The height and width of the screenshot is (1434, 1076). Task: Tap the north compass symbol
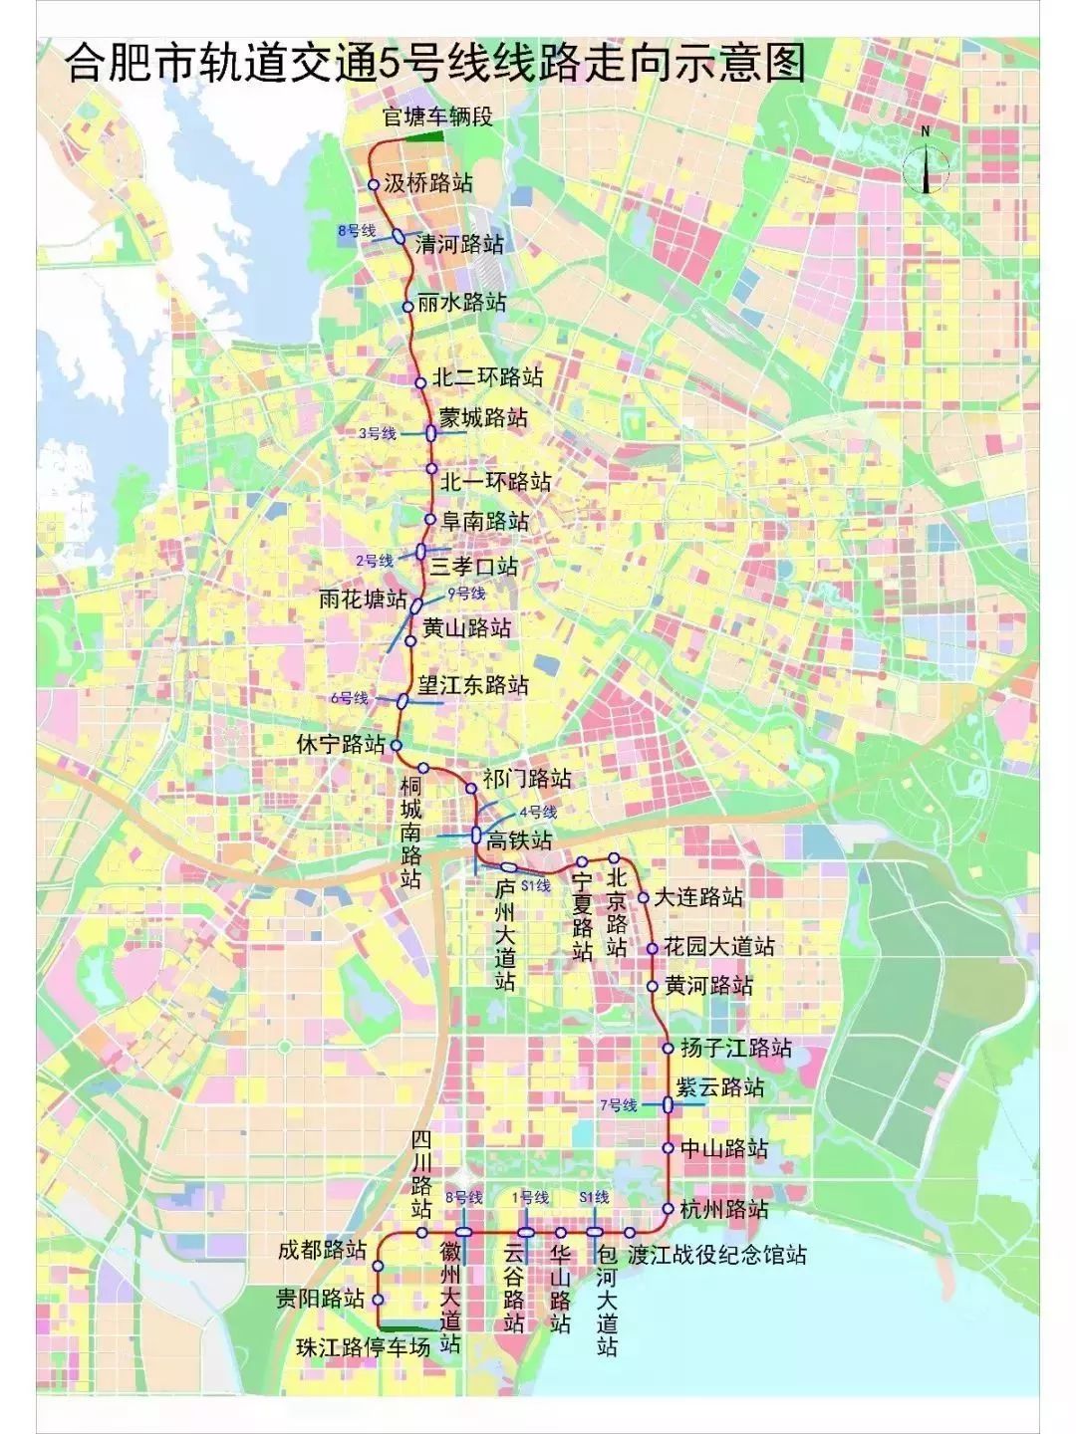point(926,166)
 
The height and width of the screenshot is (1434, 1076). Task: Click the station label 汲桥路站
point(428,183)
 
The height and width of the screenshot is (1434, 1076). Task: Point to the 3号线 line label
point(378,433)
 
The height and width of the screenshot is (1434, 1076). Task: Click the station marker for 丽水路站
point(407,307)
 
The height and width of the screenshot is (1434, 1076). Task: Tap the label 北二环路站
point(488,378)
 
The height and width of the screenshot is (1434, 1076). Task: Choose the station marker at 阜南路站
point(429,519)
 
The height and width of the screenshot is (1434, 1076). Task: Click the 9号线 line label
point(467,595)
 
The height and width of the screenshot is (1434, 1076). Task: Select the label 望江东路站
point(473,685)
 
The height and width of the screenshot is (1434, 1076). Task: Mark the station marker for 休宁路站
point(396,745)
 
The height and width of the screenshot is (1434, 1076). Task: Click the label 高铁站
point(519,839)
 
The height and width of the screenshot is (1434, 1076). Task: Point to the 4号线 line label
point(536,812)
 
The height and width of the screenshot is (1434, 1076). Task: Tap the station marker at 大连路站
point(644,897)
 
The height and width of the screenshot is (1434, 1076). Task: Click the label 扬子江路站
point(736,1048)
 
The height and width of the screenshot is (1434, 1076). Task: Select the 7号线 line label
point(618,1105)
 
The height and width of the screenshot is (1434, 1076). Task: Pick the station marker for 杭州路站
point(668,1209)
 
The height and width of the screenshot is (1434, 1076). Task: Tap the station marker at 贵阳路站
point(378,1300)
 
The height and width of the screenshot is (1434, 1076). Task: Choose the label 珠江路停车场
point(364,1347)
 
